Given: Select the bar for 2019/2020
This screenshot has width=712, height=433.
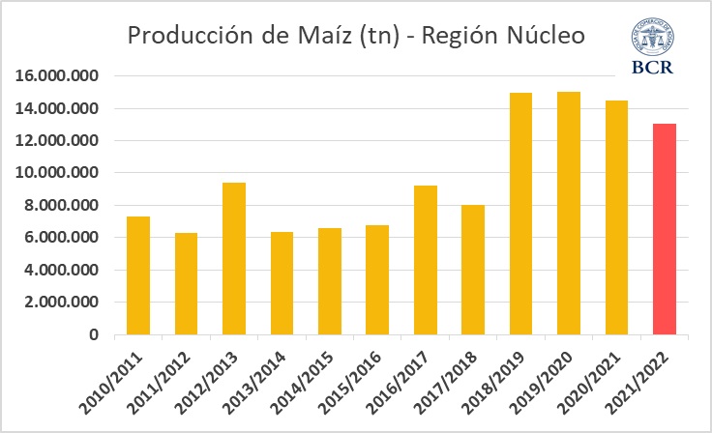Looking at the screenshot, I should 569,214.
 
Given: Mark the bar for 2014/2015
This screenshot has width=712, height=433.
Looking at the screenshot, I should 329,282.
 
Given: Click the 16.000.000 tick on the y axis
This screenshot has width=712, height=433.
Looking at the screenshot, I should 65,76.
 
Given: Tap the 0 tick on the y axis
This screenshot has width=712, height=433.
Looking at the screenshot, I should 94,335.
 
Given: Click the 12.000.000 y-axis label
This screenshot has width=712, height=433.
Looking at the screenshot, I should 65,141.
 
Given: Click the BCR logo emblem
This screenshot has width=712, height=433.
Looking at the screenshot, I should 653,39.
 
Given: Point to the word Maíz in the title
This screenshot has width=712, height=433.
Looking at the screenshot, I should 299,37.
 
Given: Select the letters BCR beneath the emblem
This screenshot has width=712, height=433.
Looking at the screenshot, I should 653,68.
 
